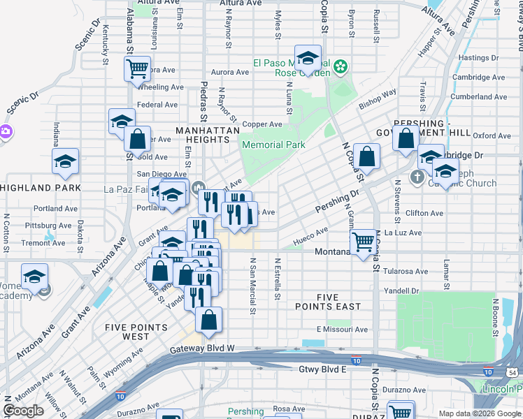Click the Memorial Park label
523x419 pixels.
tap(273, 145)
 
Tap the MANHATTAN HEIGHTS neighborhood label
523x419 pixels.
tap(208, 135)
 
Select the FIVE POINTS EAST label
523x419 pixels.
tap(338, 302)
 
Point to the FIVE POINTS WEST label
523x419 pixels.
tap(136, 332)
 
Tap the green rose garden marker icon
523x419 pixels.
tap(341, 67)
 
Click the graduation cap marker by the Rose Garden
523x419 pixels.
tap(307, 60)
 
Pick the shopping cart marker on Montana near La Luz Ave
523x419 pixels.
tap(363, 244)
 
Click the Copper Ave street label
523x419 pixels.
tap(262, 124)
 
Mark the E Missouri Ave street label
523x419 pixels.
tap(341, 330)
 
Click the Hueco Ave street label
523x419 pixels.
tap(310, 235)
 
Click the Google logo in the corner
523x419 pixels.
tap(24, 411)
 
